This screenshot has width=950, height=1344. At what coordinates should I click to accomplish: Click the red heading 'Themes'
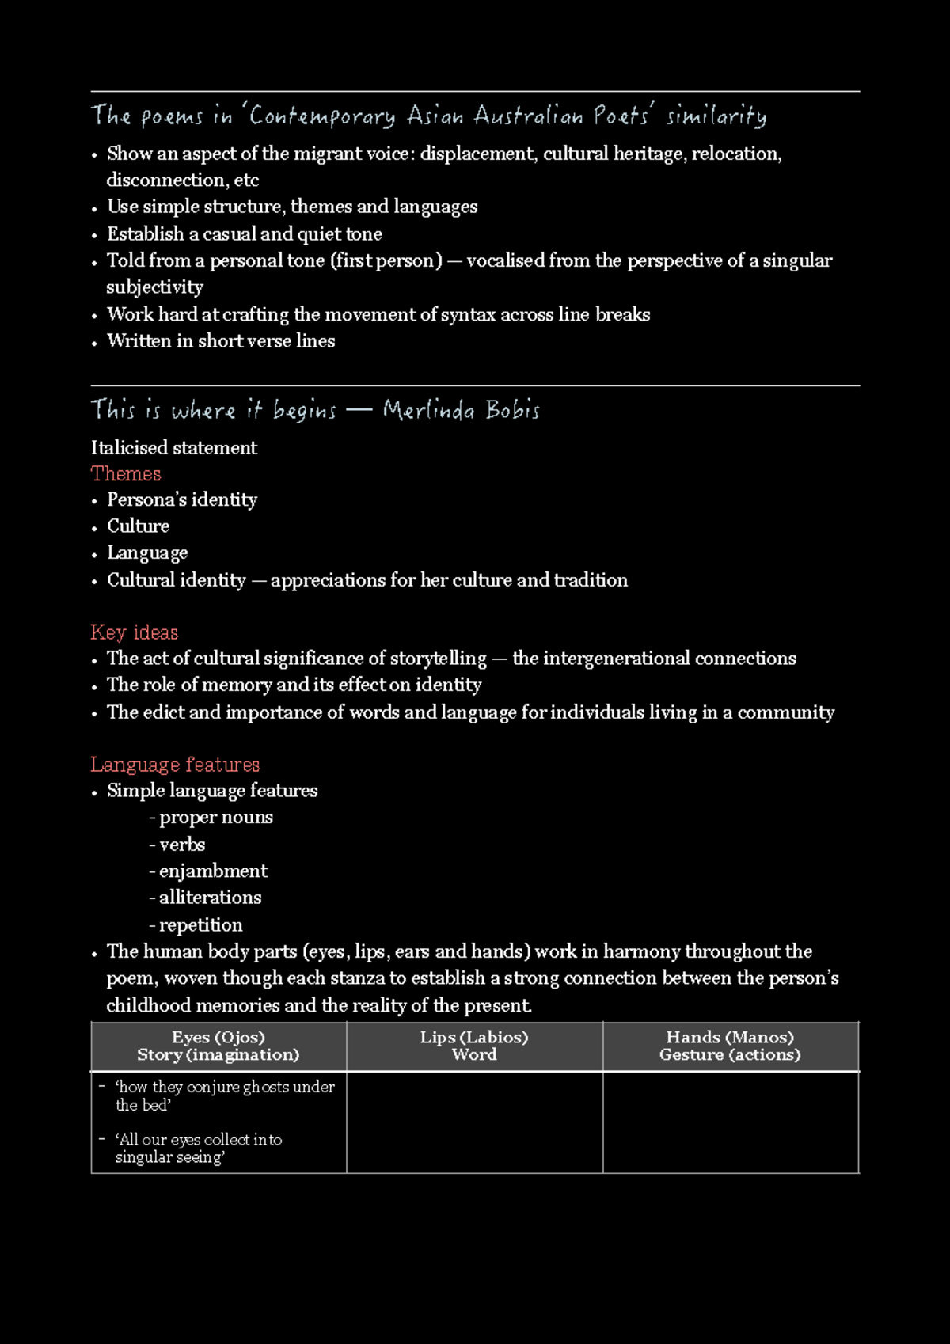tap(126, 473)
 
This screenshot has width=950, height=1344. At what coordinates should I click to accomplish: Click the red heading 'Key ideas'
tap(134, 632)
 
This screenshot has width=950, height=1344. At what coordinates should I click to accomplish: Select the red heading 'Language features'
tap(175, 764)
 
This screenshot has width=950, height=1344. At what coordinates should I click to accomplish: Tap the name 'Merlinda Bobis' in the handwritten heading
tap(461, 410)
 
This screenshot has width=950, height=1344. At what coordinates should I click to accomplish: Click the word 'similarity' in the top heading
tap(716, 116)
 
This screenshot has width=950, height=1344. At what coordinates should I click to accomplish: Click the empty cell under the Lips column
tap(474, 1122)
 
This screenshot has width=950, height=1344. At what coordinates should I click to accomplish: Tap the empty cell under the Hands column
tap(730, 1122)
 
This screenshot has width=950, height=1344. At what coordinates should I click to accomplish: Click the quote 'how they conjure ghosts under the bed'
tap(224, 1095)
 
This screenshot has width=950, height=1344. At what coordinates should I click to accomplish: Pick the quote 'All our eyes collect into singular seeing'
tap(198, 1148)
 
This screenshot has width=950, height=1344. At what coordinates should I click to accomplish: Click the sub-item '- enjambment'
tap(208, 871)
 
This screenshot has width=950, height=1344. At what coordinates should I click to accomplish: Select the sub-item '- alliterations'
tap(205, 897)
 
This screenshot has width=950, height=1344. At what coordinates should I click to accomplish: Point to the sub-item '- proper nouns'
tap(211, 817)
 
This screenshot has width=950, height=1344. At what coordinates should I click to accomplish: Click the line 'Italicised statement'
tap(174, 447)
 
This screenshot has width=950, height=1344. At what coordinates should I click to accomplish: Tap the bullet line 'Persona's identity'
tap(182, 499)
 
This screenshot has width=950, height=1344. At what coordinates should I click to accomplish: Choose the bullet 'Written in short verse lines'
tap(221, 340)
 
